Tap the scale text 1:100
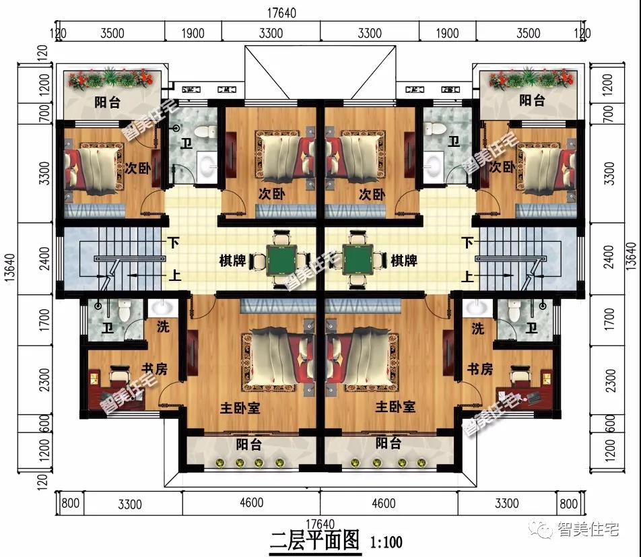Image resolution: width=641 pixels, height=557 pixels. pos(386,542)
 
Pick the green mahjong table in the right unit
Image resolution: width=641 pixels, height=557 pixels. pos(358,259)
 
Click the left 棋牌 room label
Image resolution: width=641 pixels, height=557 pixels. pos(232,260)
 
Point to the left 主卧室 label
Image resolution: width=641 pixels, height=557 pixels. pos(240,407)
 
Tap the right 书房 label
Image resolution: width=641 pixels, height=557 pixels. pos(480,369)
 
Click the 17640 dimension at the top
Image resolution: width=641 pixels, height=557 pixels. pos(281,13)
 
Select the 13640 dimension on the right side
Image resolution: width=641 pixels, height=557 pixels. pos(632,257)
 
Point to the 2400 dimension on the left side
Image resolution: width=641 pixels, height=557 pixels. pos(44,259)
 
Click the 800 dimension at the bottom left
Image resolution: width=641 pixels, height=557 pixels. pos(70,502)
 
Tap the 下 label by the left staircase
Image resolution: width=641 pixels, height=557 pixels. pos(174,243)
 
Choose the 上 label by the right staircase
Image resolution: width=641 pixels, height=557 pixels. pos(467,276)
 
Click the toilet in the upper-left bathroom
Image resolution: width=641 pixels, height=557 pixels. pos(205,131)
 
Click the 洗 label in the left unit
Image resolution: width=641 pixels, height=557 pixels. pos(163,327)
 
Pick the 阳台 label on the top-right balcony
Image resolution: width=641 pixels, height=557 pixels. pos(532,100)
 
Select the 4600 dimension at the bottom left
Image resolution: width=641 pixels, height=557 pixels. pos(251,502)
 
